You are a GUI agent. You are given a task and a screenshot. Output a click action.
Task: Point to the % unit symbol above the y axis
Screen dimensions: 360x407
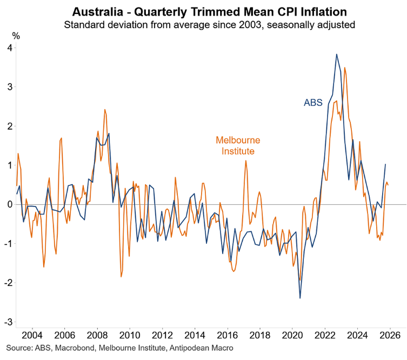coord(16,36)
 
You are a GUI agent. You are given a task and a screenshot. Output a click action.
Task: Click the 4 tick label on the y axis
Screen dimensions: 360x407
coord(10,48)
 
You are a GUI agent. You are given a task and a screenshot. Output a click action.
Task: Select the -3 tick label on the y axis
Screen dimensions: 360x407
coord(8,322)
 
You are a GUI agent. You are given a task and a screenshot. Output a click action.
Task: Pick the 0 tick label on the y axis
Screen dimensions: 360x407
coord(10,204)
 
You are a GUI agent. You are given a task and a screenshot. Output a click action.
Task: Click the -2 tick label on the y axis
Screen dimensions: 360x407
coord(8,283)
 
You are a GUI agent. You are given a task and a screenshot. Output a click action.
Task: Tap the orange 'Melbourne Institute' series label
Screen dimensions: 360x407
coord(238,146)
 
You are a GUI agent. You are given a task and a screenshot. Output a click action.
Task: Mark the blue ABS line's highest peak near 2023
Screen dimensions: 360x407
coord(337,54)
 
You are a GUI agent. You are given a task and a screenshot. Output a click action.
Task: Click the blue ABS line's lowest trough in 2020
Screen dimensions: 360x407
coord(300,298)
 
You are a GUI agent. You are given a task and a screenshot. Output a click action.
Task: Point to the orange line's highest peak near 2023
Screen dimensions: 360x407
coord(345,68)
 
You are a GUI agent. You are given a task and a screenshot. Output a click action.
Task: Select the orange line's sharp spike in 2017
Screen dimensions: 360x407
coord(245,161)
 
